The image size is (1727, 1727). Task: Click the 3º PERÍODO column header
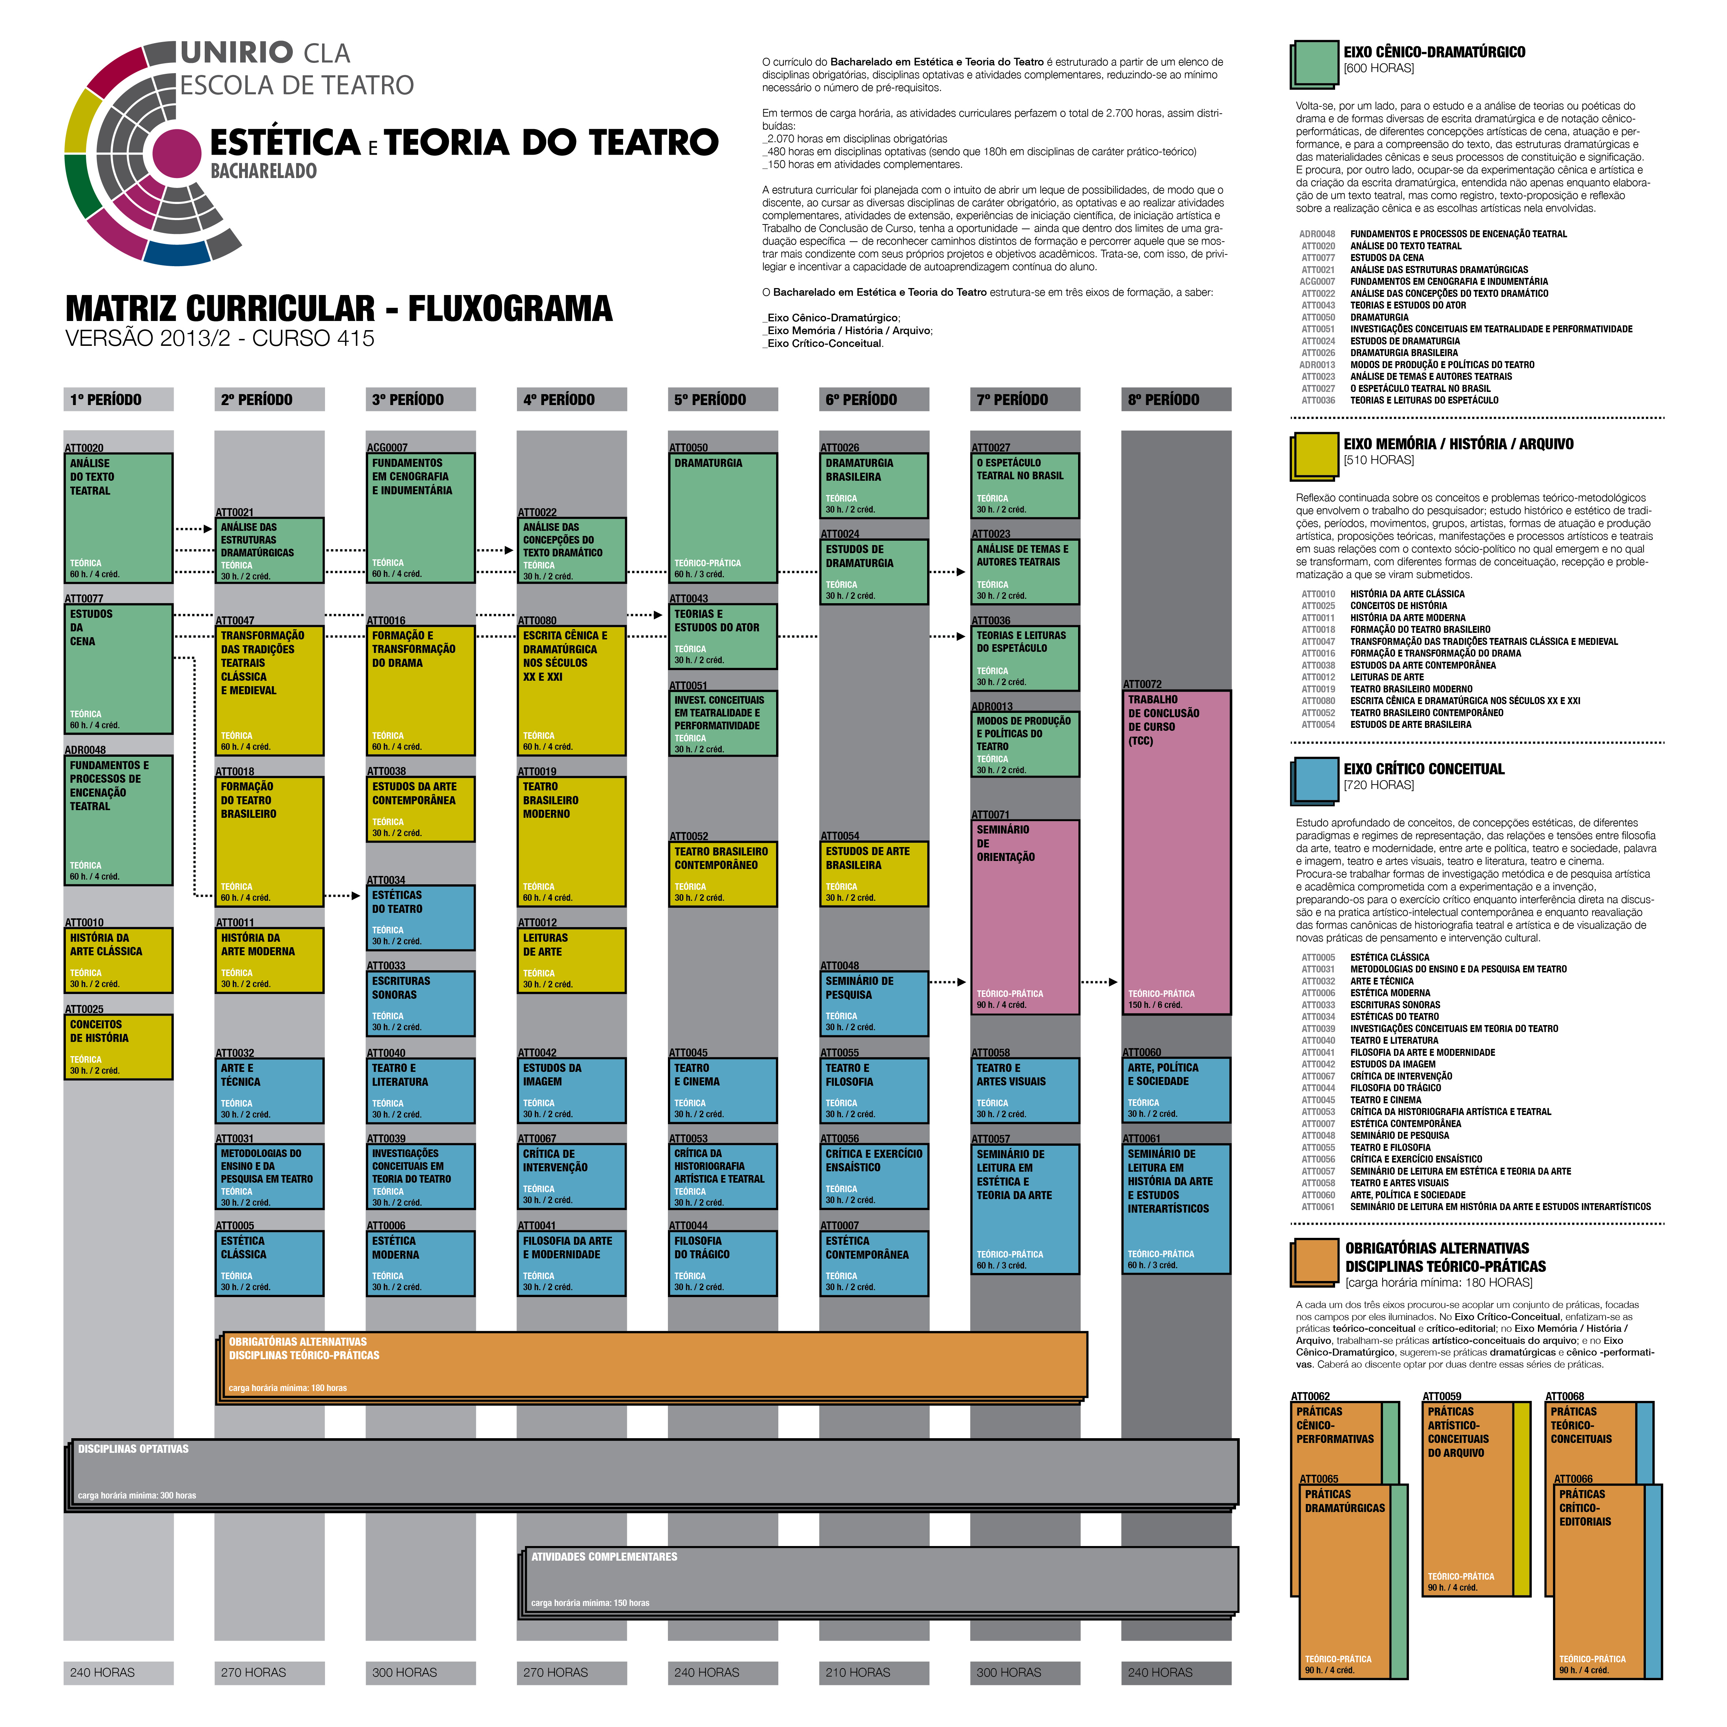[420, 400]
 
